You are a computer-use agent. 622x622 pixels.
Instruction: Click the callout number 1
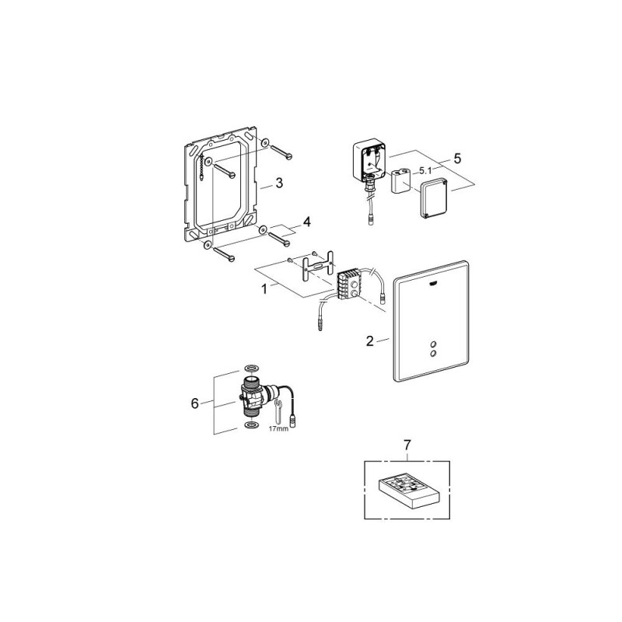264,288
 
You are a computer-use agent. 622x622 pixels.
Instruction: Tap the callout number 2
370,341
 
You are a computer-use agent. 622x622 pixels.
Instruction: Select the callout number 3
279,183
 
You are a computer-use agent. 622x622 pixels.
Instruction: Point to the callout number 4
306,222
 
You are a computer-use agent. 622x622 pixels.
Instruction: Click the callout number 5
457,159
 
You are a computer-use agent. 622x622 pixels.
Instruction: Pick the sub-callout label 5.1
425,171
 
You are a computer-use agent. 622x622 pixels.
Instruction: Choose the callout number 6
195,404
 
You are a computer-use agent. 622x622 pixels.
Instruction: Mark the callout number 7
407,445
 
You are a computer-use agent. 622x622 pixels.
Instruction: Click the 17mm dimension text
278,428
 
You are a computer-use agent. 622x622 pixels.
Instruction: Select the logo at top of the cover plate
434,284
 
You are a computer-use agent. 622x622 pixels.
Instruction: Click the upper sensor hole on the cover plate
433,344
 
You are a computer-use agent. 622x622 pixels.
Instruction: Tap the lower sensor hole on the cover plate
433,352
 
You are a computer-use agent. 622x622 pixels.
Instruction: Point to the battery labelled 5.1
400,181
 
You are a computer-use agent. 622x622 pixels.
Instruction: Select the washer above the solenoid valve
250,367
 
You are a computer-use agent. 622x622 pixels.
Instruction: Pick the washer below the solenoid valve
250,425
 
